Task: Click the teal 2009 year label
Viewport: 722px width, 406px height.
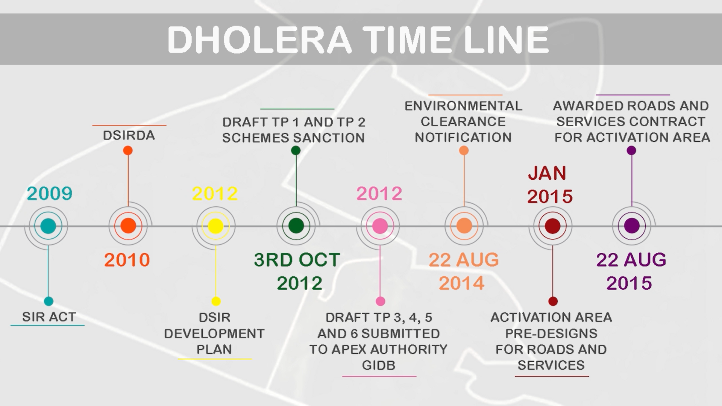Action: (49, 194)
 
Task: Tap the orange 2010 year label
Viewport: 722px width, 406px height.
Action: (127, 260)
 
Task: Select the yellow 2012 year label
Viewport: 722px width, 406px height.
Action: (215, 194)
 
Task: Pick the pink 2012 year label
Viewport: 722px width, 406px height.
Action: (379, 194)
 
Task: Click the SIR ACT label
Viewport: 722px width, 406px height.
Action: (49, 317)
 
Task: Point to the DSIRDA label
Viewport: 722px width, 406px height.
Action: (129, 135)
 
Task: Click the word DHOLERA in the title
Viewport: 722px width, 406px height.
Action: (259, 39)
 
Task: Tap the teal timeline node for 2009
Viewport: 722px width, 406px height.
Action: (48, 226)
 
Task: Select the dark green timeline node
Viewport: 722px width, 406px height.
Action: (296, 226)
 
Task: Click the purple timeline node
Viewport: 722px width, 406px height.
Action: (632, 226)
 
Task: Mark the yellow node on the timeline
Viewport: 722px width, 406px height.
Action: (216, 226)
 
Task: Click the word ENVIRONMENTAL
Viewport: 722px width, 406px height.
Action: (463, 106)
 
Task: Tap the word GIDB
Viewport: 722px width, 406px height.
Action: (379, 365)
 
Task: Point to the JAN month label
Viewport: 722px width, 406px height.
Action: (547, 173)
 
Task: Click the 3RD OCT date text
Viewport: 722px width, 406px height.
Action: (297, 260)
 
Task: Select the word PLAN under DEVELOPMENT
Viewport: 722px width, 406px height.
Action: (214, 350)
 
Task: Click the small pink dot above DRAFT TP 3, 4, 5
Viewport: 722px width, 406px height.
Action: (380, 301)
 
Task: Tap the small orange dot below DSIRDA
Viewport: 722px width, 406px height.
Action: (128, 151)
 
